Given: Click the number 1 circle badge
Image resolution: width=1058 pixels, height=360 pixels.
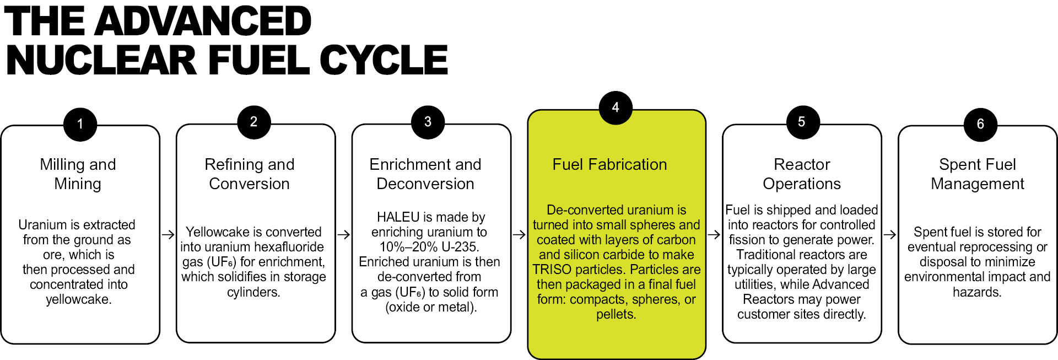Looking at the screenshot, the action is tap(80, 125).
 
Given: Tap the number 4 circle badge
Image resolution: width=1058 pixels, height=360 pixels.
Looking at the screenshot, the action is tap(616, 108).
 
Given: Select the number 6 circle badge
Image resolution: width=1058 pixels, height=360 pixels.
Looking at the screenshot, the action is tap(980, 125).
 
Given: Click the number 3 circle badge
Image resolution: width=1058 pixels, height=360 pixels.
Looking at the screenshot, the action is tap(428, 122).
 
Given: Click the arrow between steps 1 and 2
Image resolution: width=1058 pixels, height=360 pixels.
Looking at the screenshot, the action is tap(168, 235).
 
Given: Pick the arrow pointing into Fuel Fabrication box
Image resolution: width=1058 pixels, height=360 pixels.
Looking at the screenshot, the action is tap(519, 235).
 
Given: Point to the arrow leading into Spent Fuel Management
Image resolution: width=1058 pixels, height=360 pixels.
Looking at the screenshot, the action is tap(890, 235).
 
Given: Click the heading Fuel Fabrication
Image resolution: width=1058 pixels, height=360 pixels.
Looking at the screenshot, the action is tap(609, 164).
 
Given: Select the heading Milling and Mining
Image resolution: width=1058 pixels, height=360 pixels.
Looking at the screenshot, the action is tap(78, 174).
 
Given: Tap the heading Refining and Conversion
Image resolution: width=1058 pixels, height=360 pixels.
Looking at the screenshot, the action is tap(250, 174).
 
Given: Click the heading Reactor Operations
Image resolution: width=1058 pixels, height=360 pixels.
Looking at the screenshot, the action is tap(802, 174).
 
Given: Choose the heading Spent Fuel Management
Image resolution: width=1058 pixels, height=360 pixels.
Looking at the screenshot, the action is tap(978, 174).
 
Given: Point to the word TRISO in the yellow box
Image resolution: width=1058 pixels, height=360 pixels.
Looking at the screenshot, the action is tap(552, 270).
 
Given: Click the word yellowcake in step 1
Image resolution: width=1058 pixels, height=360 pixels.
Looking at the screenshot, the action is tap(78, 299).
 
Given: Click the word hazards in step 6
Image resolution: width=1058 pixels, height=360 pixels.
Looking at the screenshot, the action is tap(977, 292).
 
